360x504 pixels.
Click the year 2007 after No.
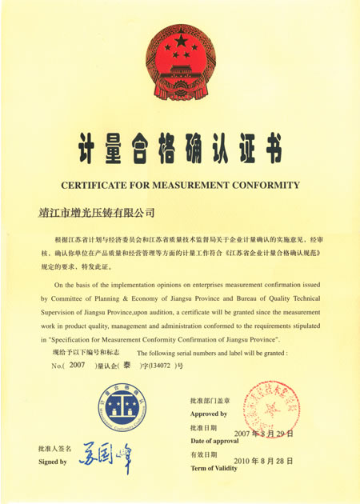pyautogui.click(x=77, y=365)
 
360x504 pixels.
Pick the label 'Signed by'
pyautogui.click(x=53, y=462)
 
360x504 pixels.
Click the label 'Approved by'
pyautogui.click(x=208, y=414)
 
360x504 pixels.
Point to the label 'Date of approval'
pyautogui.click(x=214, y=441)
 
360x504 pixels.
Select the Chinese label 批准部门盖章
pyautogui.click(x=210, y=399)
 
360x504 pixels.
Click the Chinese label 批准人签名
pyautogui.click(x=54, y=448)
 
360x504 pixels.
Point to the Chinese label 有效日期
pyautogui.click(x=203, y=454)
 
